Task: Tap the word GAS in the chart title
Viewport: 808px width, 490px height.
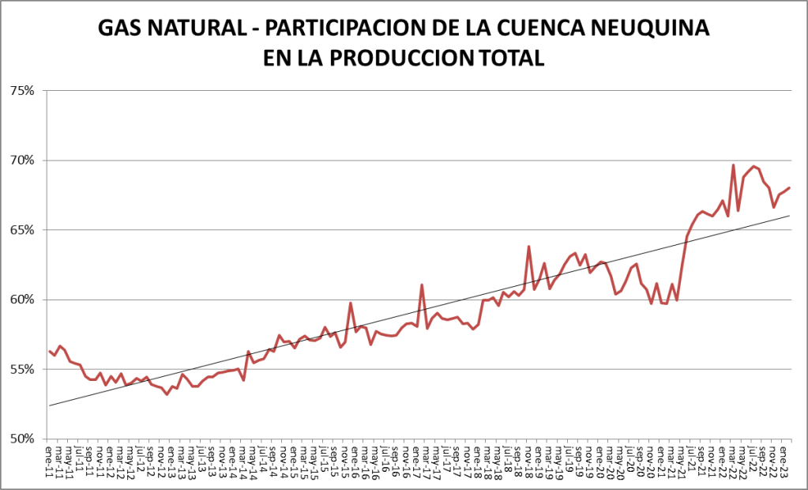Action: point(121,28)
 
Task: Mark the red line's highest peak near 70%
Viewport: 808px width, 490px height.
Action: point(733,165)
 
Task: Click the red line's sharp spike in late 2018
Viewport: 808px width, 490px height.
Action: point(528,247)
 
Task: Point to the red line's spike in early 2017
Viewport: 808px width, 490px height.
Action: point(422,285)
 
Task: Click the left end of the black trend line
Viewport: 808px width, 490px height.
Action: point(49,405)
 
